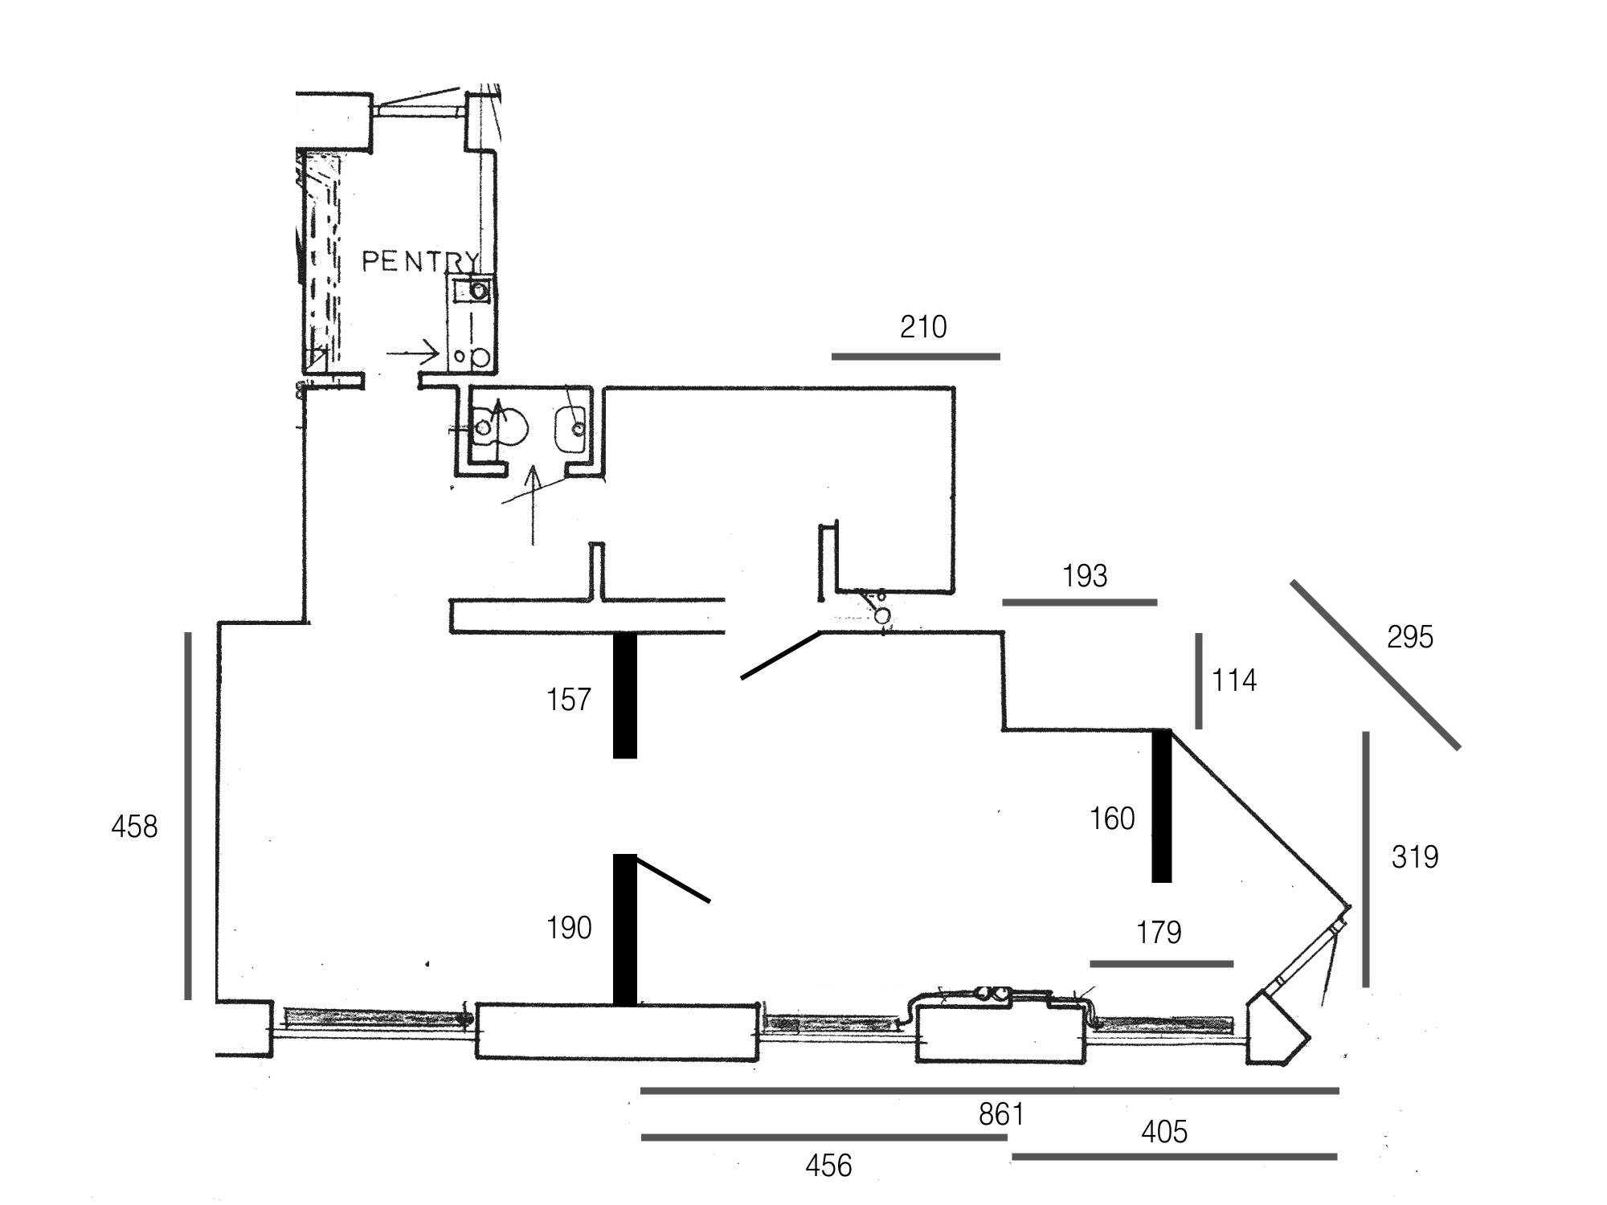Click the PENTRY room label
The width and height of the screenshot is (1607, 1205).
click(420, 261)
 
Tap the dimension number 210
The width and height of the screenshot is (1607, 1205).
click(923, 327)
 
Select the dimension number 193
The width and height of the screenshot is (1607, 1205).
click(1085, 575)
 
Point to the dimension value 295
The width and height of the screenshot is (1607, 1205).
click(1410, 637)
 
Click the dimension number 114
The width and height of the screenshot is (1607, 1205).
click(1234, 680)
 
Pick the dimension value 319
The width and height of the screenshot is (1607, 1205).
click(1415, 857)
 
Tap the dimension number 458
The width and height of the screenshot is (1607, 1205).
click(134, 827)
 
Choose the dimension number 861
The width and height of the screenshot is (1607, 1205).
click(1001, 1114)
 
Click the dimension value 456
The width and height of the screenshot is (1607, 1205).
click(828, 1166)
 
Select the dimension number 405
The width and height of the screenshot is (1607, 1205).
click(1164, 1132)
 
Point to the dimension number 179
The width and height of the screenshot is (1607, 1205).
click(1159, 933)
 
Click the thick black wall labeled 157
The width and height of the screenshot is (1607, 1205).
click(625, 696)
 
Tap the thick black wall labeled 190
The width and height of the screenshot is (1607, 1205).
click(625, 929)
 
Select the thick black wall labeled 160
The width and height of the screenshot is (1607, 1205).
click(1162, 806)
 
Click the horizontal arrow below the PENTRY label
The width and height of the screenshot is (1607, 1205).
click(412, 353)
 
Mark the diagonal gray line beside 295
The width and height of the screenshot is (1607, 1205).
click(1376, 664)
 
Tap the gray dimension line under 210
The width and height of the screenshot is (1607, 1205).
click(916, 356)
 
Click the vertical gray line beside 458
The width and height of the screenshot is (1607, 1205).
click(188, 815)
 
